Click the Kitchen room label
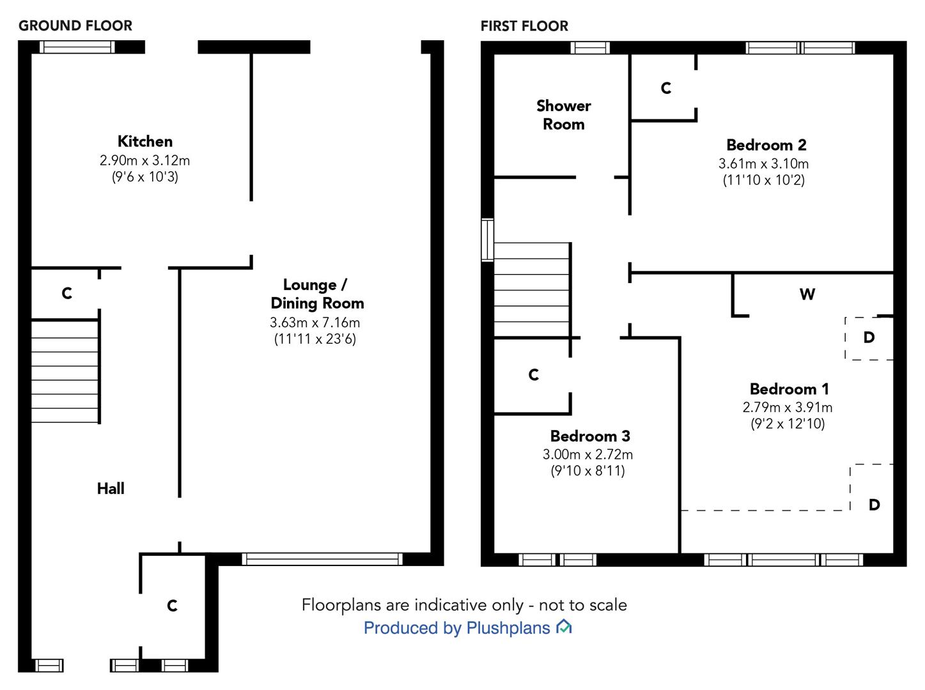click(x=144, y=141)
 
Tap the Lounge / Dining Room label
click(x=317, y=294)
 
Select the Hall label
click(x=111, y=489)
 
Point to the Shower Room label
click(x=563, y=115)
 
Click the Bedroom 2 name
click(x=766, y=145)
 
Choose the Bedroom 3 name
click(x=589, y=436)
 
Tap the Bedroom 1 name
click(x=788, y=389)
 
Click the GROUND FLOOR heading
click(x=75, y=26)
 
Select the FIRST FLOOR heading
click(x=524, y=26)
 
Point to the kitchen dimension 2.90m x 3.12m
click(x=144, y=160)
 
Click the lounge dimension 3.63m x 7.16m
click(x=315, y=323)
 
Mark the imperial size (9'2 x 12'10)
click(x=788, y=424)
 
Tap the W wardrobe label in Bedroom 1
click(x=807, y=295)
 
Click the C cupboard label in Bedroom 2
click(x=665, y=88)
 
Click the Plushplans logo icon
click(x=563, y=627)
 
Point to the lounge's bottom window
click(x=322, y=559)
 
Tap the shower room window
click(x=590, y=47)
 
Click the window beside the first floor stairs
click(x=487, y=240)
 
